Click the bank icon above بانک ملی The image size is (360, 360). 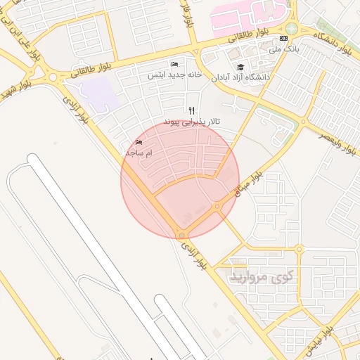point(283,38)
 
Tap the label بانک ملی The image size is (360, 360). point(285,51)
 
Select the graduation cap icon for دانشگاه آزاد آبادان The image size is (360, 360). point(241,67)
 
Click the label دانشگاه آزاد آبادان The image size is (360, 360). point(241,77)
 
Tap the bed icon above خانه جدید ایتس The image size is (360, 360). point(174,65)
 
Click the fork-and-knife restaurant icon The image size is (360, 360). point(192,110)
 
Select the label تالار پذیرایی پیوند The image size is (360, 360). point(192,122)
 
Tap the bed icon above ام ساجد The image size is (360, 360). point(138,143)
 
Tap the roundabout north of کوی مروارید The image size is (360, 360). point(299,249)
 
